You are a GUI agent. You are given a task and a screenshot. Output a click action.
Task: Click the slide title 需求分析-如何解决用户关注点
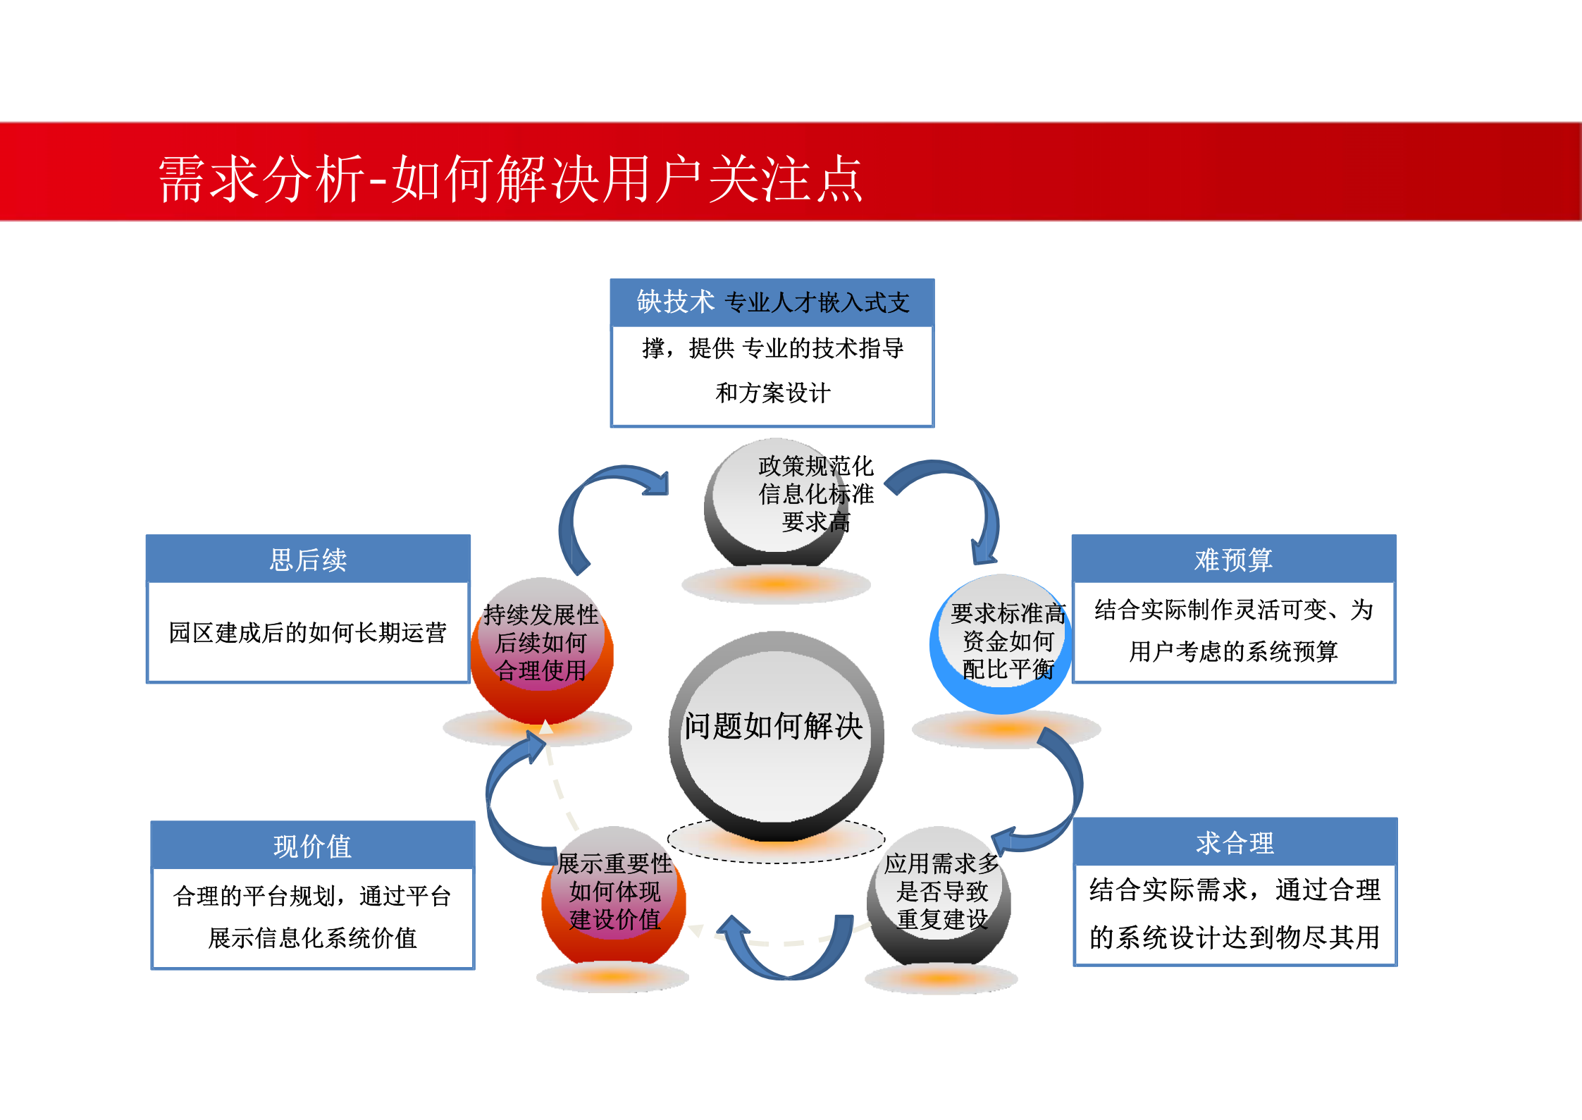click(x=510, y=179)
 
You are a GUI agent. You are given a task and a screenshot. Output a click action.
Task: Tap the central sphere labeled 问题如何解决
click(x=775, y=733)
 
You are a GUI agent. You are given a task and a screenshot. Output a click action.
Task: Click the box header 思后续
click(x=308, y=560)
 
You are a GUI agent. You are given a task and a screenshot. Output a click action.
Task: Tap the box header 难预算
click(x=1233, y=560)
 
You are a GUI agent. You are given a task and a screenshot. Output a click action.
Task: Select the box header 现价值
click(x=312, y=846)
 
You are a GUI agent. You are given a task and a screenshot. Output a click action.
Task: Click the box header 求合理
click(x=1235, y=843)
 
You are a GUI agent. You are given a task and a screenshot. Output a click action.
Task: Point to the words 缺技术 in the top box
click(x=675, y=302)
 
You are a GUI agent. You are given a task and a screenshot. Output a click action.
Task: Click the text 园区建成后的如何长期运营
click(x=308, y=632)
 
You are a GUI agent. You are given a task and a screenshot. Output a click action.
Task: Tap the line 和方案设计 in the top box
click(x=773, y=393)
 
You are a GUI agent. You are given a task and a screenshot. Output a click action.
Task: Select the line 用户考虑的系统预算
click(x=1233, y=651)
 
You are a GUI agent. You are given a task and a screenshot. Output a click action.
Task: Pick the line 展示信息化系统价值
click(x=312, y=938)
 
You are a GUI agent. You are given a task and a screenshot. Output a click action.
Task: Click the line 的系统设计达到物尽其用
click(x=1235, y=937)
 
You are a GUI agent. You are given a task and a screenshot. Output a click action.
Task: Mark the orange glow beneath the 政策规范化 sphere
click(x=775, y=584)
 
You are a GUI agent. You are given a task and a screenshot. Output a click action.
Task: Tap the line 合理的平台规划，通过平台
click(x=312, y=896)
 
